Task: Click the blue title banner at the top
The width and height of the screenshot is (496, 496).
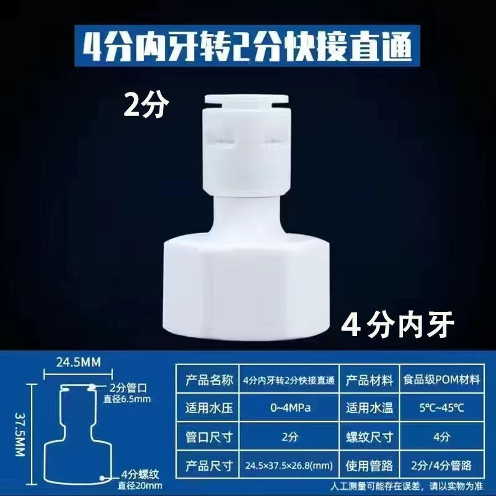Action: click(247, 46)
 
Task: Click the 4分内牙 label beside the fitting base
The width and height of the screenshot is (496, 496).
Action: click(397, 325)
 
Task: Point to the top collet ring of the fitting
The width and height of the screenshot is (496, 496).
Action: click(246, 99)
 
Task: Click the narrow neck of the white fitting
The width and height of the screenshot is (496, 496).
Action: click(247, 218)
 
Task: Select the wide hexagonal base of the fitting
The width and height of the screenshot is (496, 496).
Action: click(247, 290)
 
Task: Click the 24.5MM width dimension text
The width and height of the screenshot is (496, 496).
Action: click(79, 363)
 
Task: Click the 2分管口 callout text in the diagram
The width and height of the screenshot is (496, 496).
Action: click(128, 389)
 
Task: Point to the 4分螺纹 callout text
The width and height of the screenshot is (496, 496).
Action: click(140, 474)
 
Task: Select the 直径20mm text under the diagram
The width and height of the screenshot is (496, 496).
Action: click(140, 485)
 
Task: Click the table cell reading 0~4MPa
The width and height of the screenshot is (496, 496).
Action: click(289, 407)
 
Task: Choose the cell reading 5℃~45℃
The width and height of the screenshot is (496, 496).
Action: click(442, 407)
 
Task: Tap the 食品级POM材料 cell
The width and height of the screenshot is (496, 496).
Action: click(442, 379)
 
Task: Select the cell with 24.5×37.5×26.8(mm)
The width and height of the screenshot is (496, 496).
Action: click(289, 466)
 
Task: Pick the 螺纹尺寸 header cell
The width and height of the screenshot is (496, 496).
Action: click(370, 436)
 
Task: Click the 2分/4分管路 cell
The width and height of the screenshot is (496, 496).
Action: click(442, 466)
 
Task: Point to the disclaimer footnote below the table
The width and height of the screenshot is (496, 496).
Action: click(407, 486)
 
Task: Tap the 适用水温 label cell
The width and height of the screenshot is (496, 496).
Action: click(370, 407)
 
